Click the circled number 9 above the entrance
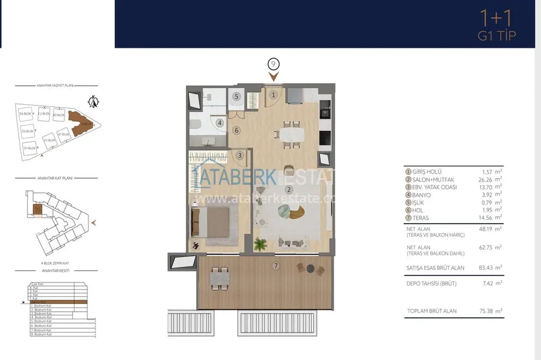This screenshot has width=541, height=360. [x=274, y=64]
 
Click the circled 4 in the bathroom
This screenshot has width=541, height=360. [x=220, y=123]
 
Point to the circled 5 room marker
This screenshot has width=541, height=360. [x=235, y=97]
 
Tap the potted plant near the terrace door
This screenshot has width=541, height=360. [x=260, y=244]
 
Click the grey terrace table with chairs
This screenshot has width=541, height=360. [x=219, y=277]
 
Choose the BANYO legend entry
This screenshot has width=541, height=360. [x=420, y=195]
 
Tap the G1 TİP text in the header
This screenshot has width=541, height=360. [x=496, y=36]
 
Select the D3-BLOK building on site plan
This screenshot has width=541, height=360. [x=26, y=114]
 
